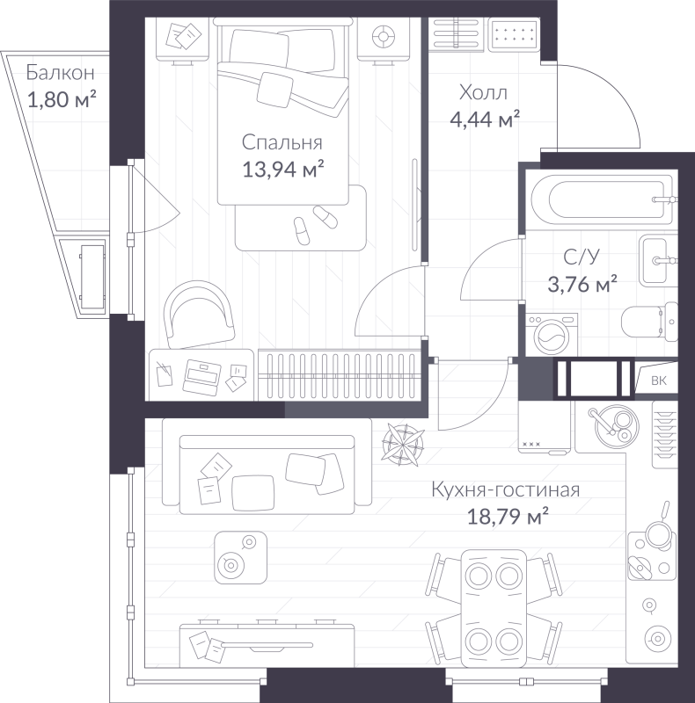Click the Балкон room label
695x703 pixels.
[60, 73]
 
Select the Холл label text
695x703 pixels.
[483, 92]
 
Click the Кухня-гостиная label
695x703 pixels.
[506, 490]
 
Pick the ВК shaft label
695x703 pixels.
[657, 380]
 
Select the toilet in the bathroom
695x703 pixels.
[647, 322]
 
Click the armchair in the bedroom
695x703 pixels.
[201, 313]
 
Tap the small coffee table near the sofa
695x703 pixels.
[238, 555]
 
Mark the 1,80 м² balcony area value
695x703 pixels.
[62, 99]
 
